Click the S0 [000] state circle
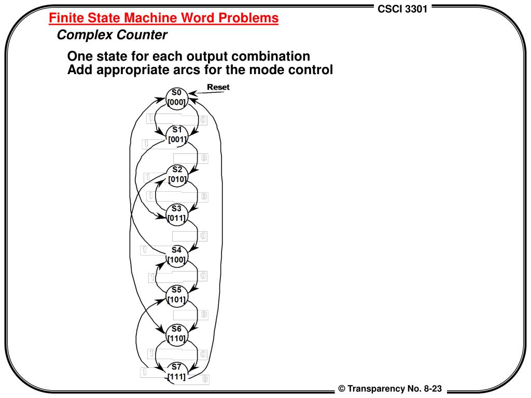(x=176, y=97)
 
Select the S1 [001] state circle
(x=177, y=135)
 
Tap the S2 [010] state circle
(x=177, y=174)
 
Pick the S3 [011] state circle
(x=177, y=214)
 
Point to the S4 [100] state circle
(x=177, y=254)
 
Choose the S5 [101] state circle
(x=177, y=294)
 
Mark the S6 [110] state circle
(x=177, y=334)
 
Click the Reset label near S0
(x=218, y=87)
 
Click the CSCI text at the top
(x=389, y=9)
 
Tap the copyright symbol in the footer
(x=342, y=389)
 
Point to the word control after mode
(x=308, y=69)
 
